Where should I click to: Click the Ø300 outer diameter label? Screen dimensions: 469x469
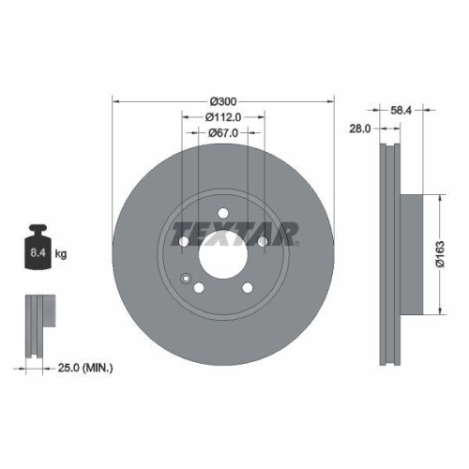(x=223, y=100)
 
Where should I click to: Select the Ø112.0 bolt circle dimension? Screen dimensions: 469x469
(x=223, y=117)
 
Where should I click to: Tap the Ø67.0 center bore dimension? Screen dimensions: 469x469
(x=223, y=134)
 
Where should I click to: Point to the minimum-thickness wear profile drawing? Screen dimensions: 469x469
(x=38, y=324)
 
